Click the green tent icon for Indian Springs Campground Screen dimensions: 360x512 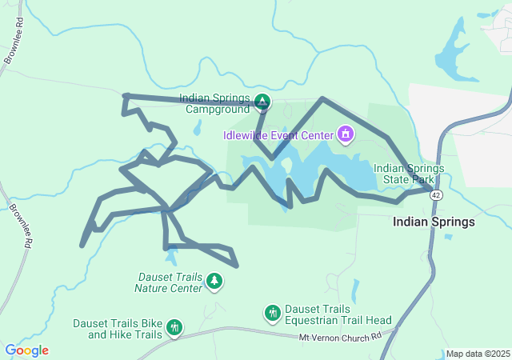262,102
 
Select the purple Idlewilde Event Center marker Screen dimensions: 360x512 346,133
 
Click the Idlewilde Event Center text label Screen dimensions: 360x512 278,134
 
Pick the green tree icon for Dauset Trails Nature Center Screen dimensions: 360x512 214,281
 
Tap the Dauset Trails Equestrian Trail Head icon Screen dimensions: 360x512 273,313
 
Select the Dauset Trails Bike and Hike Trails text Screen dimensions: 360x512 118,329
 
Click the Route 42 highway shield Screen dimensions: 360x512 435,194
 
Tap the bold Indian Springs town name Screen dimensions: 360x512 434,222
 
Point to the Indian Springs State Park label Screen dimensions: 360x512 406,174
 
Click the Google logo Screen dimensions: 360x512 26,350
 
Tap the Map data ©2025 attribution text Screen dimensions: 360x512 477,354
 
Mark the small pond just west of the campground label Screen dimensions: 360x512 197,128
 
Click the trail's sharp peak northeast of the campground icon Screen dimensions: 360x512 322,99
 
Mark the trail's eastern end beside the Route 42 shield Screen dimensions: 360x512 430,190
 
